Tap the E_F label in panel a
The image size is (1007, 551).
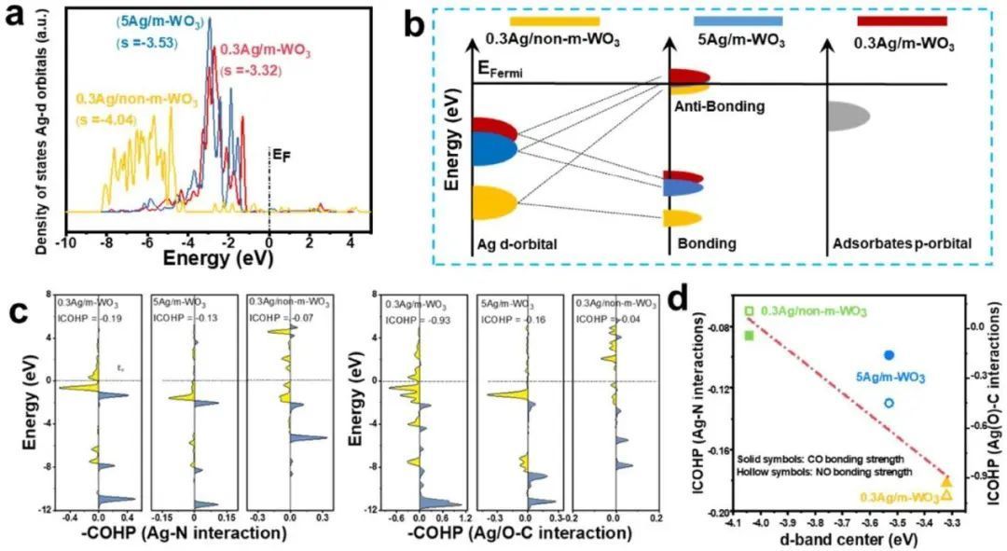tap(277, 151)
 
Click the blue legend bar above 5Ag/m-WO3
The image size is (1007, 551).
tap(738, 21)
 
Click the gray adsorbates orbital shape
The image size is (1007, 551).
tap(848, 114)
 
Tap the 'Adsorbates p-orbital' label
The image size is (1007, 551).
tap(901, 244)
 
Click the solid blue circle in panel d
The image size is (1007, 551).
tap(889, 355)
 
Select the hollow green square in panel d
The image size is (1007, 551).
tap(749, 310)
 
